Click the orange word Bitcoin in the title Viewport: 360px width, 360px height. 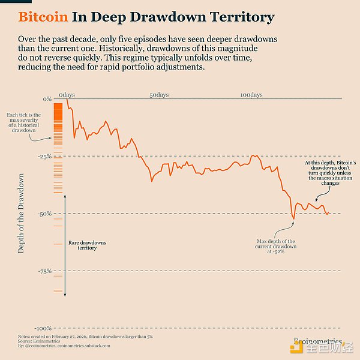(44, 17)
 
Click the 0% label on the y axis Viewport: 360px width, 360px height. (47, 99)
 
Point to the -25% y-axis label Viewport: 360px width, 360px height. (44, 156)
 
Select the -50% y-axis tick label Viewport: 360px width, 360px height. (44, 214)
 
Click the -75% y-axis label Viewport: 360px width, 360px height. (44, 271)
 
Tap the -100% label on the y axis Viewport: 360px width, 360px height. (43, 329)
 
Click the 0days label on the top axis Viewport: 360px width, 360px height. (67, 95)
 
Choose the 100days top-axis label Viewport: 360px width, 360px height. (251, 95)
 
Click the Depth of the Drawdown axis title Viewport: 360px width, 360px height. (22, 213)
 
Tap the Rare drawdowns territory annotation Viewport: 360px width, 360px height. (87, 245)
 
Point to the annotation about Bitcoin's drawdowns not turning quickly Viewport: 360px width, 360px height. (330, 173)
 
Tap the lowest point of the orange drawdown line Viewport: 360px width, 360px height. (293, 218)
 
